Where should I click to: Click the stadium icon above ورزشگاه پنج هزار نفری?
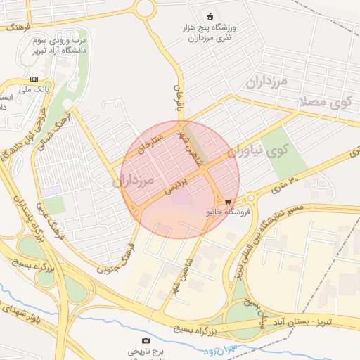click(208, 16)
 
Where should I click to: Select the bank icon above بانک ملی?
click(34, 79)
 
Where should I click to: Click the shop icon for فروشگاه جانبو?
click(226, 201)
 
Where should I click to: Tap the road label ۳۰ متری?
click(284, 186)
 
